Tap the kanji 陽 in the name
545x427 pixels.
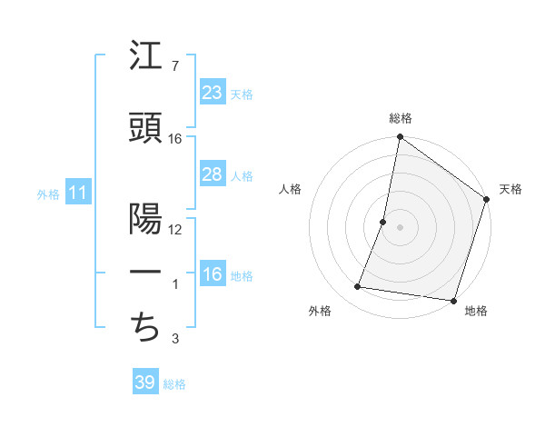coord(145,219)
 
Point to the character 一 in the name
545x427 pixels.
coord(145,273)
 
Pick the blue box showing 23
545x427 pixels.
coord(212,93)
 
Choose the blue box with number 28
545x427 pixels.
coord(212,174)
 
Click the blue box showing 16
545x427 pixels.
coord(212,274)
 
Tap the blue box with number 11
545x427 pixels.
coord(77,193)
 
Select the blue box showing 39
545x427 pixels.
coord(144,382)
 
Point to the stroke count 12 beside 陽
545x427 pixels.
coord(176,229)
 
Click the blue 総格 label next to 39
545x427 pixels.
coord(174,384)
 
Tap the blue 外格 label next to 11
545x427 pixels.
coord(47,194)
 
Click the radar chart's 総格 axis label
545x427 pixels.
coord(400,118)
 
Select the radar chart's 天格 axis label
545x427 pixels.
coord(510,189)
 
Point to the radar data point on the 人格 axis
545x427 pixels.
coord(383,222)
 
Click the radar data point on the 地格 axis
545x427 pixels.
coord(453,301)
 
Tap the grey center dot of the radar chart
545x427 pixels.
coord(400,227)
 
